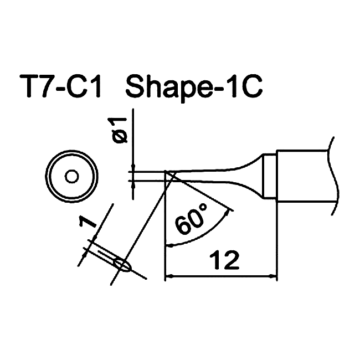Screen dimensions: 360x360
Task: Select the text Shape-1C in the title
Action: click(194, 88)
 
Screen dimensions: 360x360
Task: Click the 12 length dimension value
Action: click(224, 260)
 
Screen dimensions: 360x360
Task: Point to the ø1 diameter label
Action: click(120, 130)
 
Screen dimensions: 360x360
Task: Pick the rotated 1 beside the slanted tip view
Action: click(88, 222)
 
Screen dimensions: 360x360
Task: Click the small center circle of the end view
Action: click(72, 177)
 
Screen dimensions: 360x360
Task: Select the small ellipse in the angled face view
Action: click(123, 265)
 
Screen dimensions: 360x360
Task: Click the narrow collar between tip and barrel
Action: click(269, 177)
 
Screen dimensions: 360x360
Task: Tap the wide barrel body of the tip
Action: click(303, 176)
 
